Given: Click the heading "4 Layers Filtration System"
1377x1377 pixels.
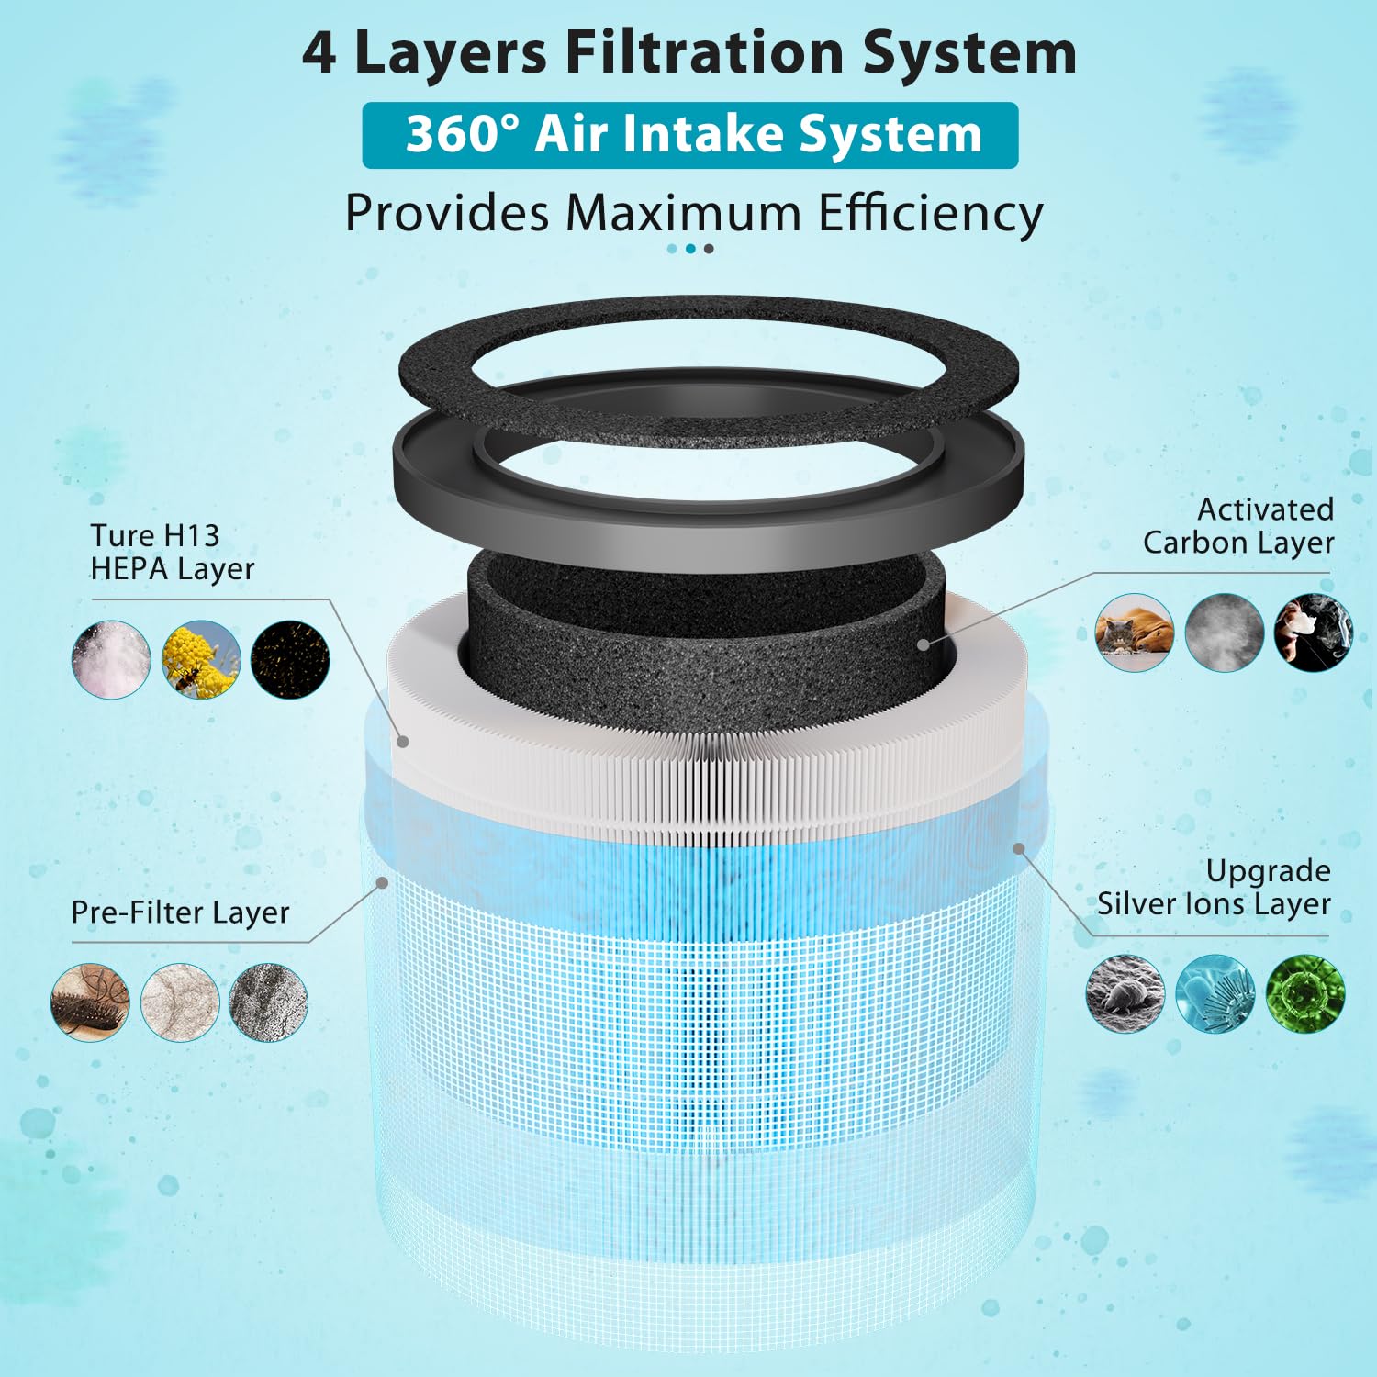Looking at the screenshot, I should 688,53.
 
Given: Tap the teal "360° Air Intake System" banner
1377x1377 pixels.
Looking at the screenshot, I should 690,135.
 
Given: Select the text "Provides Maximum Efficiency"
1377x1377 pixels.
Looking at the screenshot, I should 694,214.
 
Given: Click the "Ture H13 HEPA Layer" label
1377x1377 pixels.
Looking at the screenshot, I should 172,552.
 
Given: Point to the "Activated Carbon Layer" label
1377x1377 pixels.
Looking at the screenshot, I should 1237,526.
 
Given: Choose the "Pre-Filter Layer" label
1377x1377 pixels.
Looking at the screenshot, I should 180,912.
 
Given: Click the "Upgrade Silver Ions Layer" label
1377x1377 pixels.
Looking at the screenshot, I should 1214,887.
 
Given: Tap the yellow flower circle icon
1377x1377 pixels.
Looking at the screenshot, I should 201,659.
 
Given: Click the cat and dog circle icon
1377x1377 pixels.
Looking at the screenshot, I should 1135,632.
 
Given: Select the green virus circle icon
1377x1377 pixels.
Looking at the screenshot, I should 1304,993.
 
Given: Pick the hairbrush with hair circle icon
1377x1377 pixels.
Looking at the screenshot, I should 90,1002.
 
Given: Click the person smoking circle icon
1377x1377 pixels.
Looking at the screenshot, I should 1313,632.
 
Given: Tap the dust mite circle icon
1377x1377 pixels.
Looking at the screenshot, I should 1125,993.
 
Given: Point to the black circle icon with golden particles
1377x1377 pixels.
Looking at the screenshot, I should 290,659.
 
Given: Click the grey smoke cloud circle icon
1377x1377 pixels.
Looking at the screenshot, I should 1224,632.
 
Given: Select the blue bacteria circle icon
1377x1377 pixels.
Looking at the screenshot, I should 1215,993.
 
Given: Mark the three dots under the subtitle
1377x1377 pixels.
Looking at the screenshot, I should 690,249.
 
